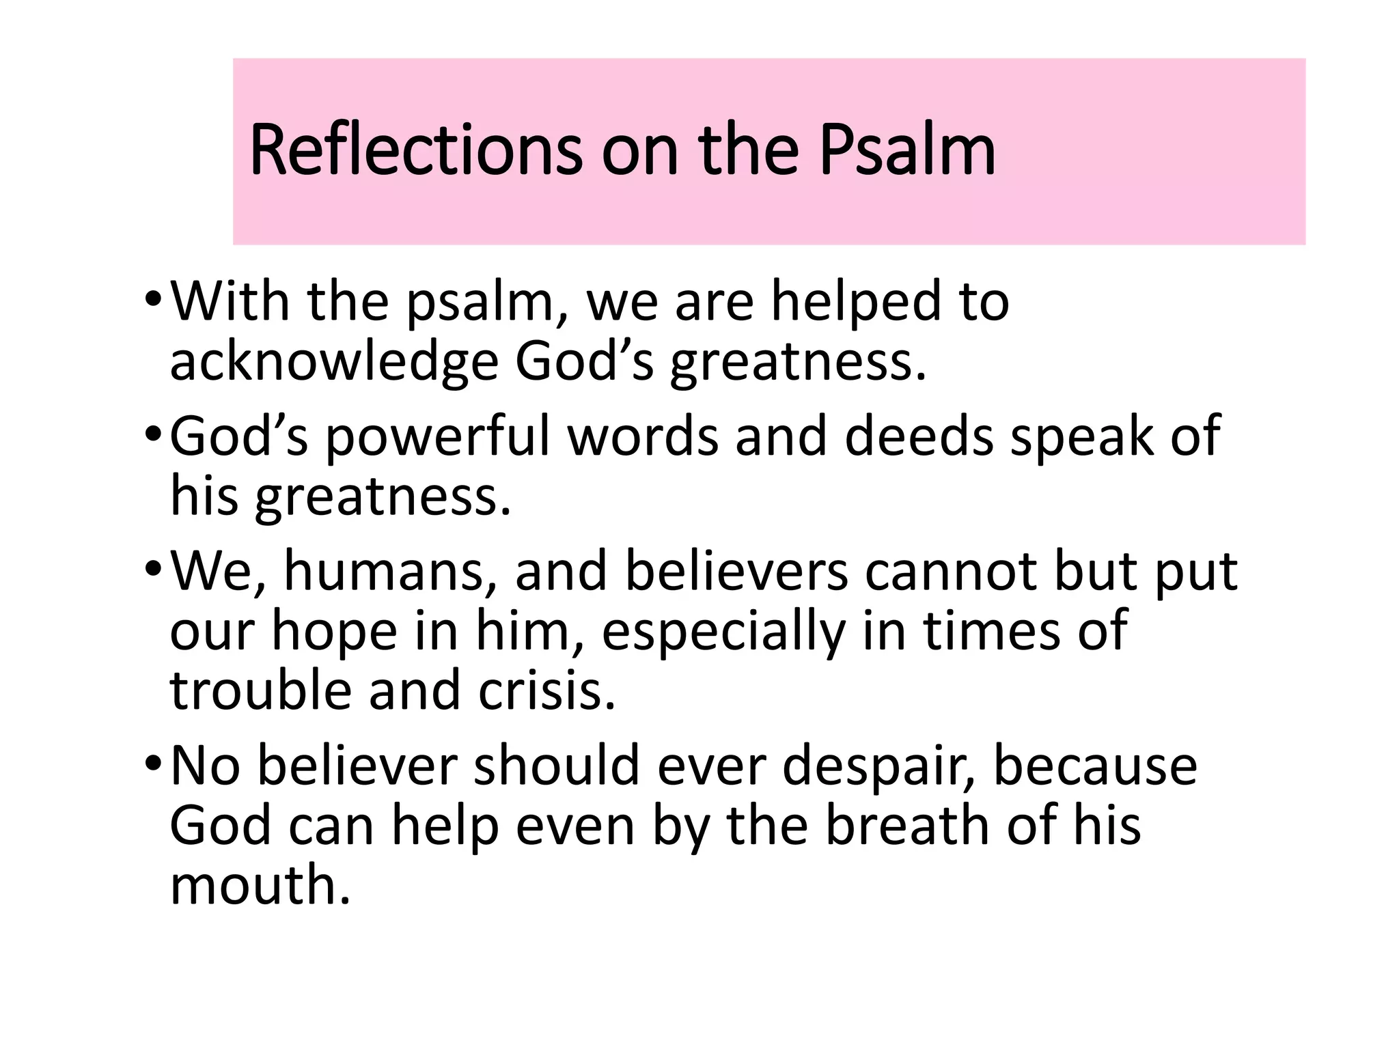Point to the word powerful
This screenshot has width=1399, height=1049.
click(437, 437)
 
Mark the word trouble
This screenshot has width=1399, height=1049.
click(260, 690)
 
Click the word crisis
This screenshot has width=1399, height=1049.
click(546, 690)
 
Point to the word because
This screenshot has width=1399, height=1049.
click(1095, 766)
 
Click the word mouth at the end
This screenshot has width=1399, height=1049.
click(260, 885)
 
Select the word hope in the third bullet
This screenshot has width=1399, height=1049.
click(335, 632)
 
